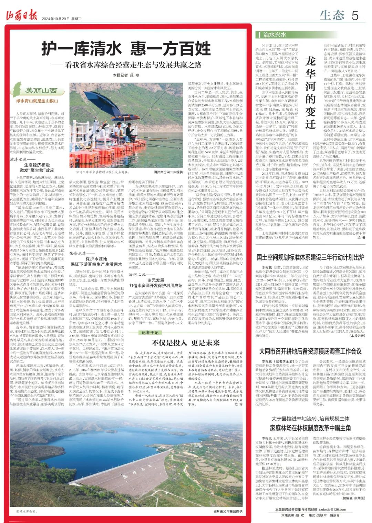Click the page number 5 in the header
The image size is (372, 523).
355,15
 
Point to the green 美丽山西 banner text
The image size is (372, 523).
41,91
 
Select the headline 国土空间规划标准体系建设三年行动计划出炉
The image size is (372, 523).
310,257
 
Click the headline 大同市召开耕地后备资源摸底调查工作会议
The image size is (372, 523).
310,351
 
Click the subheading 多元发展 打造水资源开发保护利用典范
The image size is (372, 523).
156,283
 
